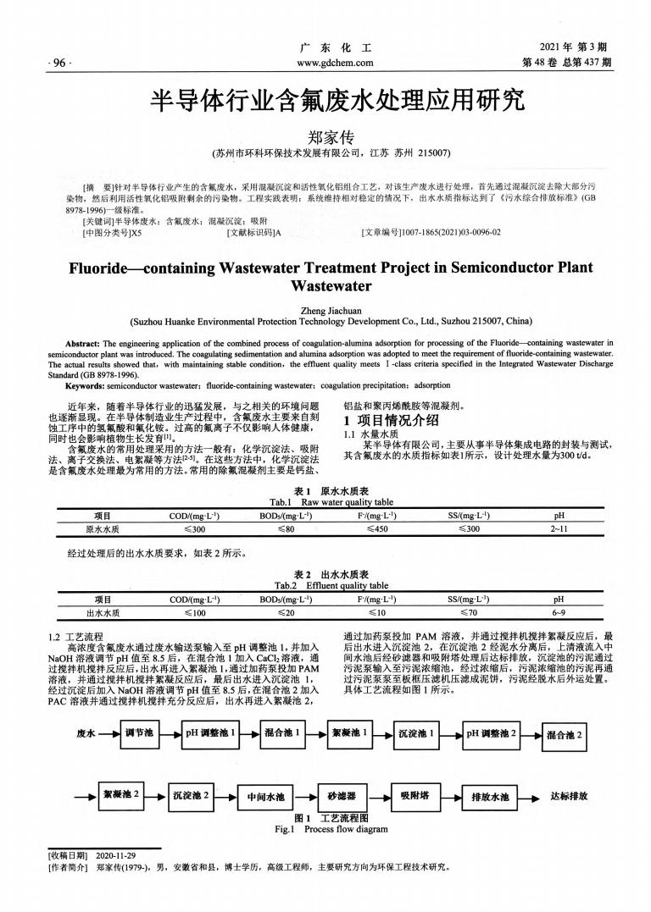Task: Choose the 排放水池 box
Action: [489, 796]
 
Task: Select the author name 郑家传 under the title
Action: [325, 136]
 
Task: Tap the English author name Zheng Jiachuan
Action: [325, 310]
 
